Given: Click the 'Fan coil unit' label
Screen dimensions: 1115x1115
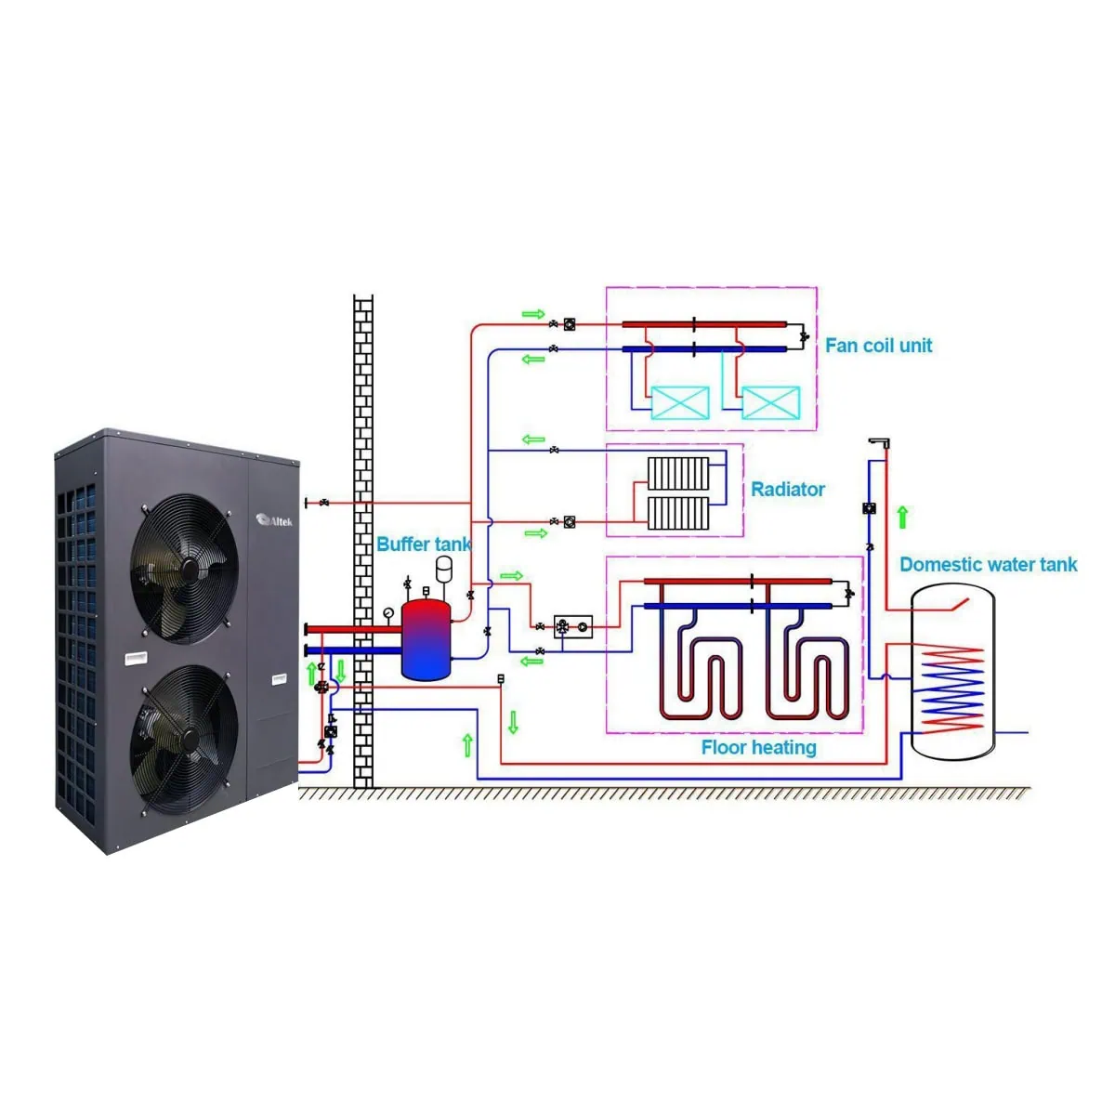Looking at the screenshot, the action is click(878, 346).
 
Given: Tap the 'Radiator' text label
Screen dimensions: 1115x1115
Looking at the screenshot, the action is click(787, 490).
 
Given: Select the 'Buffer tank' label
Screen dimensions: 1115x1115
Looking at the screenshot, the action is click(424, 544).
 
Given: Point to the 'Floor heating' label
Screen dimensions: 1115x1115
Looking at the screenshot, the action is click(758, 747).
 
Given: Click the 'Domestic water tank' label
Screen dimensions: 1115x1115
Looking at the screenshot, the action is click(989, 564).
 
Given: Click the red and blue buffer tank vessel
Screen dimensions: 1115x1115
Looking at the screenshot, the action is click(426, 639).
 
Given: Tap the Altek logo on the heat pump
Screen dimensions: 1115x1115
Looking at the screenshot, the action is click(274, 520).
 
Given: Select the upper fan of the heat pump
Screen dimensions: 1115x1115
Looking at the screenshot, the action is click(184, 568).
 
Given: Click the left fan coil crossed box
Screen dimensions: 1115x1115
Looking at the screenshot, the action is click(680, 402).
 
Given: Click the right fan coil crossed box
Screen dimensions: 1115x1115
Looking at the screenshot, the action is click(770, 402).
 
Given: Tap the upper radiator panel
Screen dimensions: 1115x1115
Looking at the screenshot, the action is click(677, 474).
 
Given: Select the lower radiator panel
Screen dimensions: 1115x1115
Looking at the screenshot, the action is click(677, 513).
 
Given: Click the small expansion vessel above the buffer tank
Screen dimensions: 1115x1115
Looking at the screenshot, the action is click(444, 569).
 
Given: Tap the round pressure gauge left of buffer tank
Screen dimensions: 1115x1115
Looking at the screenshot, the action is click(387, 612).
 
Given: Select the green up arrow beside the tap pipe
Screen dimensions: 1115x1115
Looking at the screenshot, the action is click(902, 517).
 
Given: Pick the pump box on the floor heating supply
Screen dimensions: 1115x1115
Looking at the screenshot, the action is click(573, 626).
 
